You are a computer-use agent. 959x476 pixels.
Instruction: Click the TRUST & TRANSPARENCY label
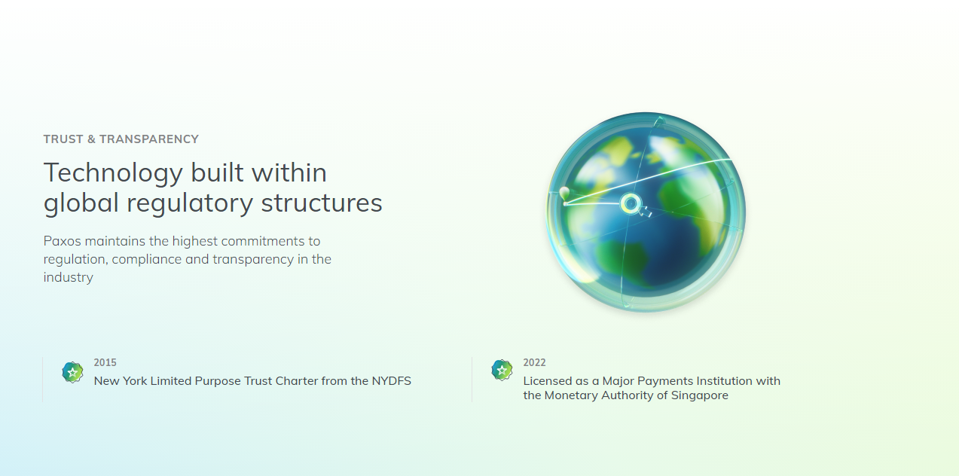click(121, 139)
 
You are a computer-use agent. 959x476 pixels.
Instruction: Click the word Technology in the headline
click(114, 174)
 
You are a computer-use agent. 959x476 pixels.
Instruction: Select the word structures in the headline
click(322, 203)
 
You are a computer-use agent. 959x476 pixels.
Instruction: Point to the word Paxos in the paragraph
click(62, 241)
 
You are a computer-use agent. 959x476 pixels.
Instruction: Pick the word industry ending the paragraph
click(69, 277)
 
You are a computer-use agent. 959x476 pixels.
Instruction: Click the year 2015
click(105, 362)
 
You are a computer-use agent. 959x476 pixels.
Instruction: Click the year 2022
click(534, 362)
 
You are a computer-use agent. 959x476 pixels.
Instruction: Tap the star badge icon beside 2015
click(73, 372)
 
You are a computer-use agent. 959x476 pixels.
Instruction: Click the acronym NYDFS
click(391, 381)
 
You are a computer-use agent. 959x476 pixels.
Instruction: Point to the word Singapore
click(700, 395)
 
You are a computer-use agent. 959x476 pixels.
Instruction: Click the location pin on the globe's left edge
click(565, 194)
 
